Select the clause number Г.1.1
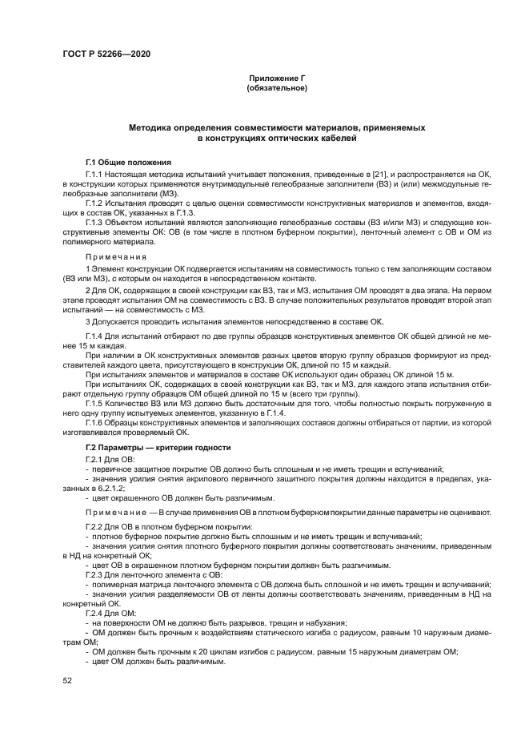[95, 173]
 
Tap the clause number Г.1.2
[95, 201]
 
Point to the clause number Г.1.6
[95, 421]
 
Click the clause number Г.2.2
[95, 526]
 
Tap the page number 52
[67, 680]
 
